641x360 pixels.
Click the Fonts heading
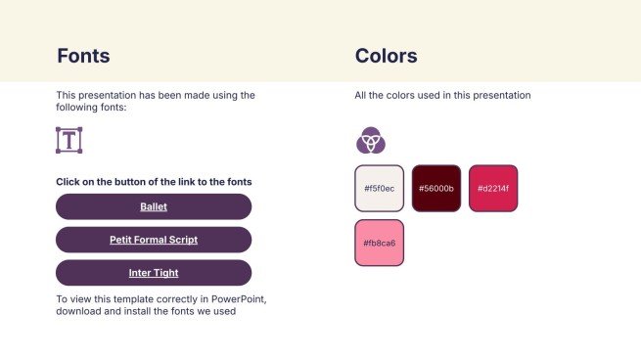pyautogui.click(x=83, y=56)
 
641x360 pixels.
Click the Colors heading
pyautogui.click(x=386, y=56)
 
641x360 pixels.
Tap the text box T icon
pyautogui.click(x=69, y=140)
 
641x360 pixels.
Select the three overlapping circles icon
pyautogui.click(x=370, y=141)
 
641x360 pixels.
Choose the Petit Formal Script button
pyautogui.click(x=154, y=240)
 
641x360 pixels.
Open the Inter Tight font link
pyautogui.click(x=154, y=273)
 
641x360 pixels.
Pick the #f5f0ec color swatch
pyautogui.click(x=379, y=188)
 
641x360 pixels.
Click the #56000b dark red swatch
pyautogui.click(x=435, y=188)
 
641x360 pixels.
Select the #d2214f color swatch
pyautogui.click(x=493, y=188)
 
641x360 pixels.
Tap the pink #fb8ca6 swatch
pyautogui.click(x=379, y=243)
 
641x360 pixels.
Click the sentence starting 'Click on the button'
pyautogui.click(x=154, y=182)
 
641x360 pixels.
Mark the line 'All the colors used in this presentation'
pyautogui.click(x=442, y=96)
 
